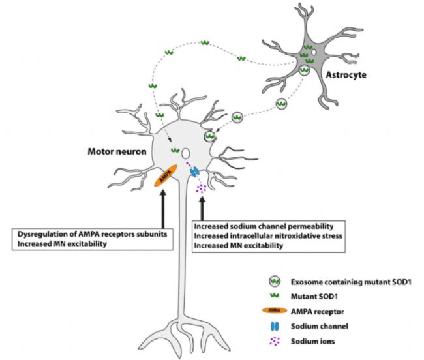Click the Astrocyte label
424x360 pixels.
[x=346, y=75]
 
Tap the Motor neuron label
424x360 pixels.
[x=117, y=151]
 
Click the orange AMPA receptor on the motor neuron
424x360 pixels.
[x=166, y=175]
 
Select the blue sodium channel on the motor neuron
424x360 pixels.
[x=194, y=172]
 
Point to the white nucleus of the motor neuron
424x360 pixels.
[x=185, y=153]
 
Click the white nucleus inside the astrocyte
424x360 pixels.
[x=313, y=52]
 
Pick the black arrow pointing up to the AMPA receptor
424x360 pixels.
[x=163, y=209]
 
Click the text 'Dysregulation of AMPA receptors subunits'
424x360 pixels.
[x=92, y=234]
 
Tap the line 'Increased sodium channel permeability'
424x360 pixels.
[x=264, y=226]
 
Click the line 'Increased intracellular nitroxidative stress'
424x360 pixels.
[x=268, y=236]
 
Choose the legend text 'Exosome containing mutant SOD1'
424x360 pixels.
[x=351, y=282]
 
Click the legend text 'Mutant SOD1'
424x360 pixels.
[x=314, y=297]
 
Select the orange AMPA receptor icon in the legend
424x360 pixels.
[x=275, y=310]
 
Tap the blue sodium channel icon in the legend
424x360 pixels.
[x=275, y=326]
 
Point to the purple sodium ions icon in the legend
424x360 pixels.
[x=275, y=341]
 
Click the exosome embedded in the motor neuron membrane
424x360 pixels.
[x=210, y=136]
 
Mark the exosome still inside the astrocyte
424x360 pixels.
[x=305, y=70]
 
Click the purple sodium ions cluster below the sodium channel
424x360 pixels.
[x=201, y=188]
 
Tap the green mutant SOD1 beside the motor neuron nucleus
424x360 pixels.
[x=175, y=150]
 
